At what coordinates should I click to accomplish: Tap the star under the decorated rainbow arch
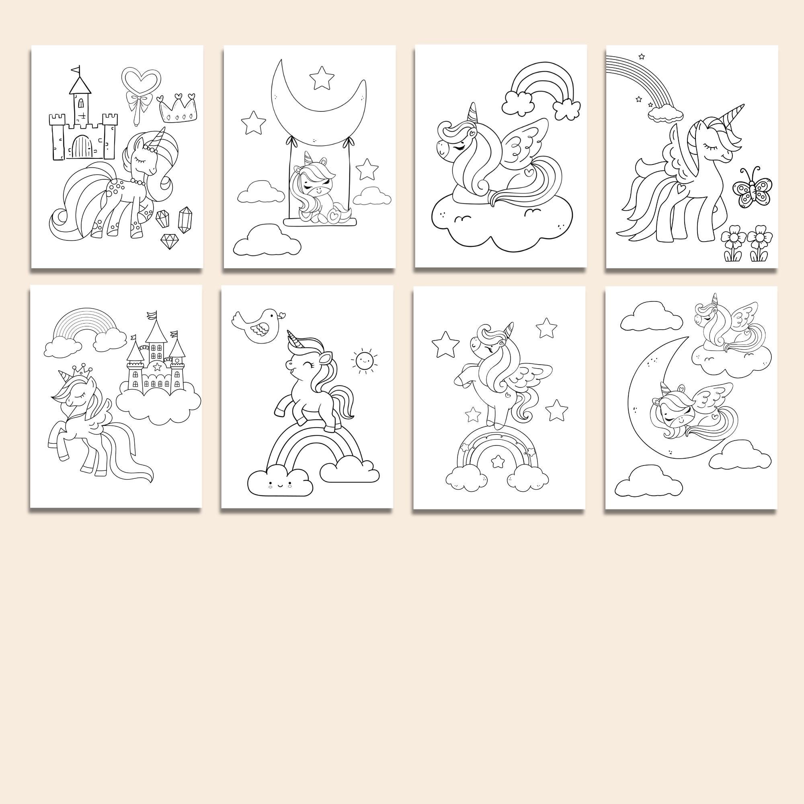497,461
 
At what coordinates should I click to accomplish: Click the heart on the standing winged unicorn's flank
679,188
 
